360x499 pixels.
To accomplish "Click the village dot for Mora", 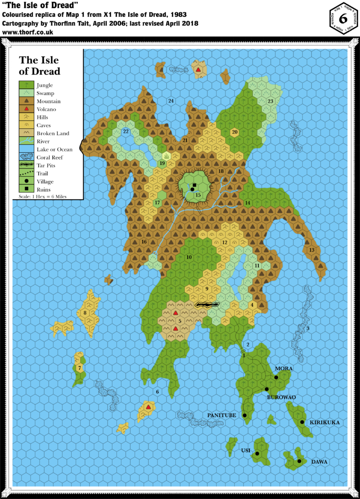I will pos(276,377).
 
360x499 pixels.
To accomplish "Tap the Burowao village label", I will pos(281,397).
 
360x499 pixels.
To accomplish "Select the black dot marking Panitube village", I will pos(244,415).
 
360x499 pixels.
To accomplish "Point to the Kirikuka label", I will pos(324,422).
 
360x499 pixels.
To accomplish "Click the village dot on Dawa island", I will pos(299,461).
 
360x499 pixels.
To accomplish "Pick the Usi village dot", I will pos(257,453).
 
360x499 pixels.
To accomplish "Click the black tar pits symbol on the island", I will pos(207,305).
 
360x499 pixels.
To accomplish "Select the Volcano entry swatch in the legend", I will pos(25,109).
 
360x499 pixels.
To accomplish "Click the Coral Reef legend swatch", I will pos(25,157).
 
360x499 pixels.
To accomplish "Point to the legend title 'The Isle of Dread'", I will pos(39,66).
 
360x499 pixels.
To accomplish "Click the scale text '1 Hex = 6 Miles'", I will pos(42,197).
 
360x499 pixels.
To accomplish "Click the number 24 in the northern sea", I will pos(171,101).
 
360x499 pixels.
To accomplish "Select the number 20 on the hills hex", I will pos(235,132).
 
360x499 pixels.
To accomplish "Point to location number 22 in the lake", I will pos(126,132).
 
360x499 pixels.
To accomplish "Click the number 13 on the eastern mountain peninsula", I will pos(312,250).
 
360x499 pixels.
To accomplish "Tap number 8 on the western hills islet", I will pos(85,313).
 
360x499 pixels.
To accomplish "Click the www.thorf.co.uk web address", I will pos(28,33).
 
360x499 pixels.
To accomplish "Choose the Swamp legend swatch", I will pos(25,93).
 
